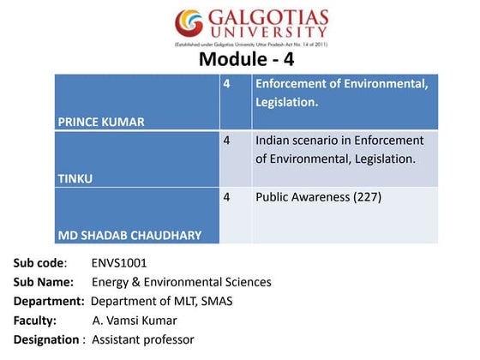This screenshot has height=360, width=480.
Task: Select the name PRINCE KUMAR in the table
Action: pyautogui.click(x=100, y=122)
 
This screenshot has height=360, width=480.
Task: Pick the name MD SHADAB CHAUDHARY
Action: pyautogui.click(x=129, y=234)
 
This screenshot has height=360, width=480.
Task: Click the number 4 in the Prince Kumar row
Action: pyautogui.click(x=227, y=84)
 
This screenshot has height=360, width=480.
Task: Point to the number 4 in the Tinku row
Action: pyautogui.click(x=227, y=141)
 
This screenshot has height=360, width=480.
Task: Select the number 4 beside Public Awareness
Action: pyautogui.click(x=227, y=197)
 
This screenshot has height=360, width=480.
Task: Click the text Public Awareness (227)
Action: pyautogui.click(x=318, y=197)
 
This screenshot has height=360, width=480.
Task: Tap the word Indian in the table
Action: pyautogui.click(x=273, y=141)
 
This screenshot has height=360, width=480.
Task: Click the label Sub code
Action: pyautogui.click(x=39, y=262)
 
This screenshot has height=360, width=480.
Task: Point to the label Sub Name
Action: pyautogui.click(x=43, y=281)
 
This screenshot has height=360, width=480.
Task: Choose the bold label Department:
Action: pyautogui.click(x=50, y=301)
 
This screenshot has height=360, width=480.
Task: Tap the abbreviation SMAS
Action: pyautogui.click(x=214, y=301)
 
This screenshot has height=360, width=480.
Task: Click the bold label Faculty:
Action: pyautogui.click(x=34, y=320)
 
